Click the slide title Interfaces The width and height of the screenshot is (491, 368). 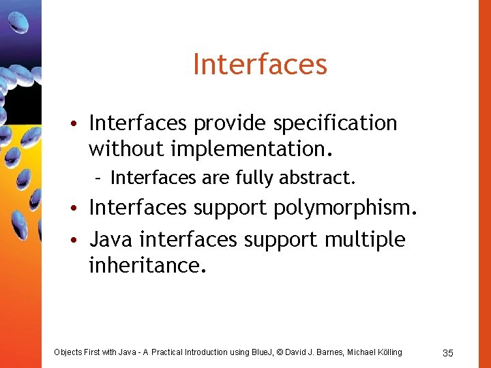click(260, 65)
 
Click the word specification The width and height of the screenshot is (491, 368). click(335, 123)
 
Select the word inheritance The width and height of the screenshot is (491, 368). click(146, 265)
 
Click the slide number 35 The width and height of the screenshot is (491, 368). click(448, 352)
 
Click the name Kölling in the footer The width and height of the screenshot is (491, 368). click(389, 352)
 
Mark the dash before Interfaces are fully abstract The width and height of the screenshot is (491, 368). click(99, 179)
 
